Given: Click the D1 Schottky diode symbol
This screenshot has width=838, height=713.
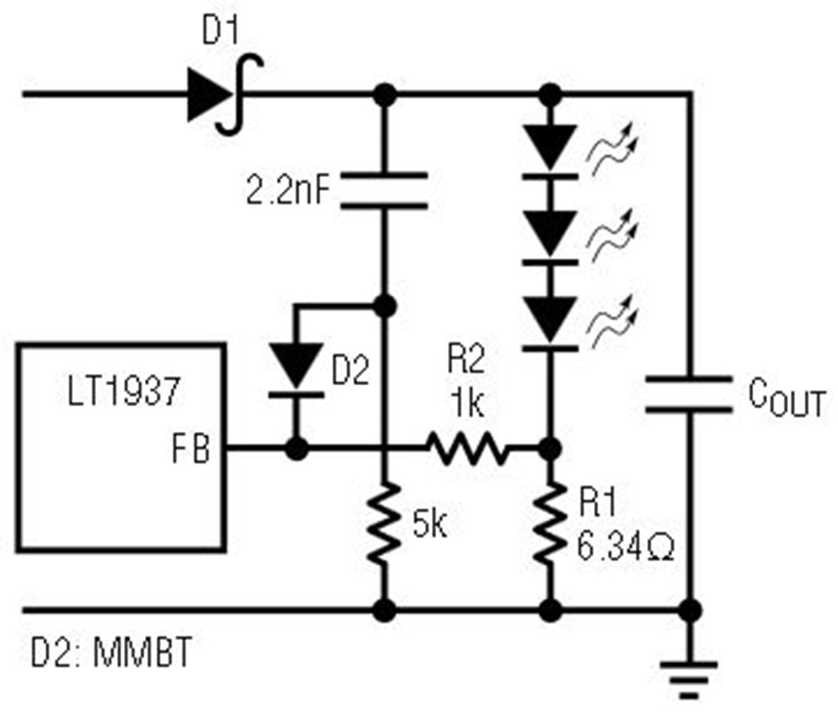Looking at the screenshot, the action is tap(225, 95).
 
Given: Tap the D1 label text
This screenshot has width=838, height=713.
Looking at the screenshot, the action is tap(221, 31).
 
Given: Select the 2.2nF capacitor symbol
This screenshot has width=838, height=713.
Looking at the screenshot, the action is tap(385, 190).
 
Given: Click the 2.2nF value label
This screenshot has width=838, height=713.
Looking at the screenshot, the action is tap(288, 190).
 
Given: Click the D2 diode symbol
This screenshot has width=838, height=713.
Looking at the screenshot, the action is tap(296, 371).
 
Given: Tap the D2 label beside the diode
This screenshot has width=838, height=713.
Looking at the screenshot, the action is tap(351, 370).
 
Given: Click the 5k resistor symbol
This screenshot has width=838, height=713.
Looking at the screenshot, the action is tap(385, 523).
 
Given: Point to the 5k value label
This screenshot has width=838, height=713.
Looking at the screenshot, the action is tap(430, 525).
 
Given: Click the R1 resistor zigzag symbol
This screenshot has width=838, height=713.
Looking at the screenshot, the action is tap(550, 523).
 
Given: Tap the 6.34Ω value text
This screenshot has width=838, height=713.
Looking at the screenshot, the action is tap(626, 547).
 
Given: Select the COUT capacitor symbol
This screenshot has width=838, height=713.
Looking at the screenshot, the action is tap(689, 395).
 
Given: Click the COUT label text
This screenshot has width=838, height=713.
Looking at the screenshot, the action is tap(787, 397).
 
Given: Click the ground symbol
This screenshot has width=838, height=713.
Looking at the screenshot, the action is tap(689, 679).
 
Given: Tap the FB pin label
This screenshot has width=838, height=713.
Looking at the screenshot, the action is tap(191, 449).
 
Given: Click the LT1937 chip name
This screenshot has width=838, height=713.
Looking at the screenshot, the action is tap(124, 391).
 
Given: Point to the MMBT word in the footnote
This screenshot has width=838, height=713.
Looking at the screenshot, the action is tap(142, 652).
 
